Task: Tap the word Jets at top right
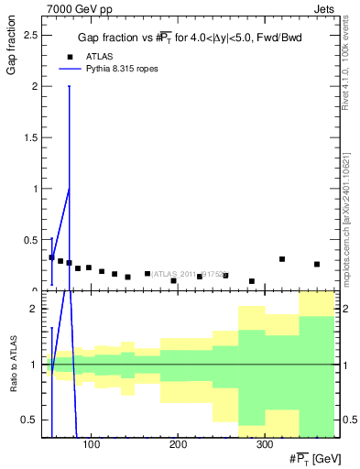(334, 8)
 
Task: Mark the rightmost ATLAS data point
(317, 264)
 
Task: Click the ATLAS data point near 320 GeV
(282, 259)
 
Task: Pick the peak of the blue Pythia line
(69, 189)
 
